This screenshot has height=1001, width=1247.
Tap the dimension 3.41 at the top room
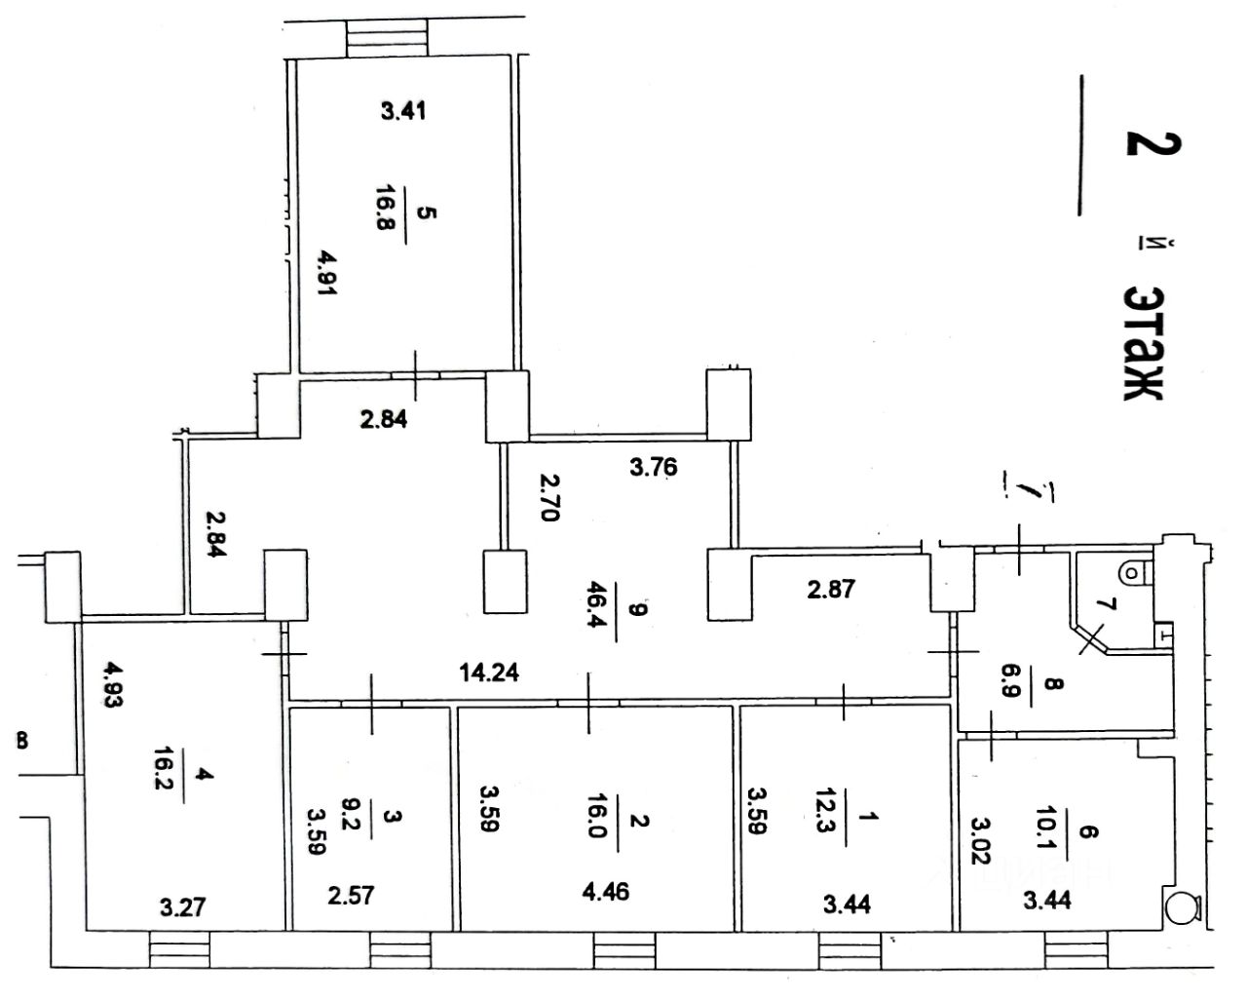tap(402, 111)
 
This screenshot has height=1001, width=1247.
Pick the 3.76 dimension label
tap(653, 468)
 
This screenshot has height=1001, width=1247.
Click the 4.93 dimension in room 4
tap(116, 689)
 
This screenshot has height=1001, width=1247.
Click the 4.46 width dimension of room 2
tap(607, 892)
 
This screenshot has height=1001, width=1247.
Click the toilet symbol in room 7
tap(1133, 569)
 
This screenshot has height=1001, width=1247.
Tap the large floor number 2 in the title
tap(1153, 142)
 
